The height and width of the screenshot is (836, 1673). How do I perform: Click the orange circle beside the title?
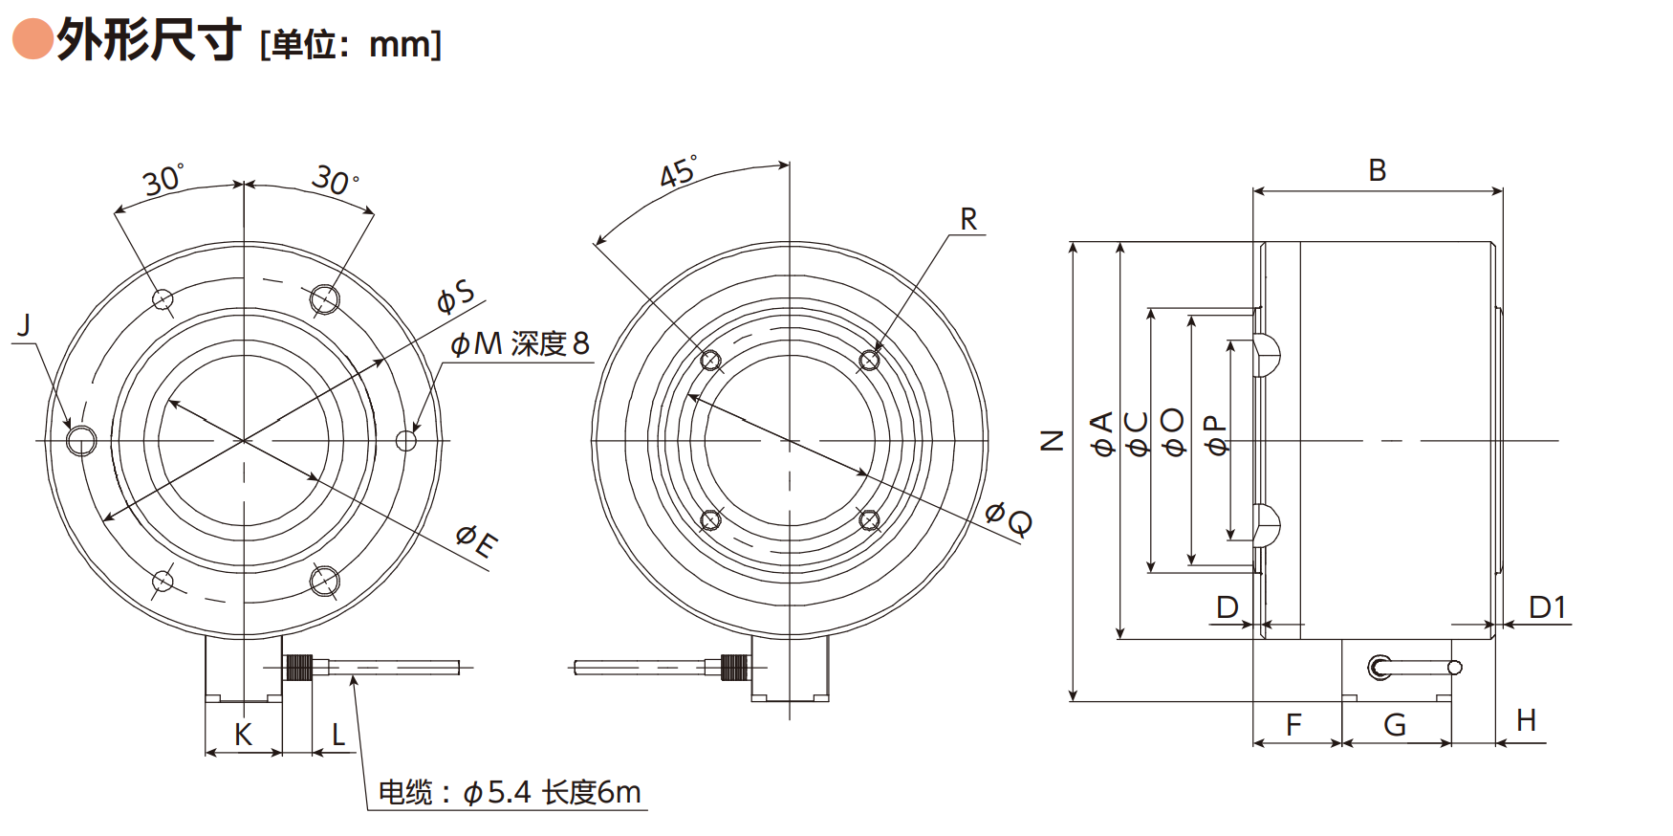coord(33,39)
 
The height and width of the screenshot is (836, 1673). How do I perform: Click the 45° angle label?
coord(678,171)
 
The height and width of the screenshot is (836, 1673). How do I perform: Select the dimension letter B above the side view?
coord(1377,170)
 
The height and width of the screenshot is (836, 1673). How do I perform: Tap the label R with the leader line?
coord(968,219)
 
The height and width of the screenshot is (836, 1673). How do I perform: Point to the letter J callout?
coord(25,325)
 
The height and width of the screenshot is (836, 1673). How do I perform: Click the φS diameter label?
coord(455,297)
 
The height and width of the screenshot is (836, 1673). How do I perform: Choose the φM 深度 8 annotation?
coord(520,343)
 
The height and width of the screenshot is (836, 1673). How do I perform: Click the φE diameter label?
coord(476,539)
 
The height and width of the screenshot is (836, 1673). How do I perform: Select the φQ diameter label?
coord(1009,518)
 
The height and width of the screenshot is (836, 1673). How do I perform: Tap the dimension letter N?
coord(1052,440)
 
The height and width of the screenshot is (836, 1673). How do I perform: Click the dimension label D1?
coord(1547,607)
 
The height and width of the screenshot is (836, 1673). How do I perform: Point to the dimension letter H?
coord(1526,720)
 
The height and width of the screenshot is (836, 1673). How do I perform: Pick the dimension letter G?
coord(1395,725)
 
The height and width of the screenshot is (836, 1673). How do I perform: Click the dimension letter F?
coord(1293,725)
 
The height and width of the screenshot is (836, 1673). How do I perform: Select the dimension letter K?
coord(243,735)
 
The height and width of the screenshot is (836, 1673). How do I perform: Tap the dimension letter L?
coord(338,735)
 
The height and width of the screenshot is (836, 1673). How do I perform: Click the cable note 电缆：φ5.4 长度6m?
coord(510,792)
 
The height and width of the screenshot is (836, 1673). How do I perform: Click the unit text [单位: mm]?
coord(351,44)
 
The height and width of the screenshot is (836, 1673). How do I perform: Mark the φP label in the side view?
coord(1215,434)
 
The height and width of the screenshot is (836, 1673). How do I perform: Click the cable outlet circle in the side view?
coord(1380,667)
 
